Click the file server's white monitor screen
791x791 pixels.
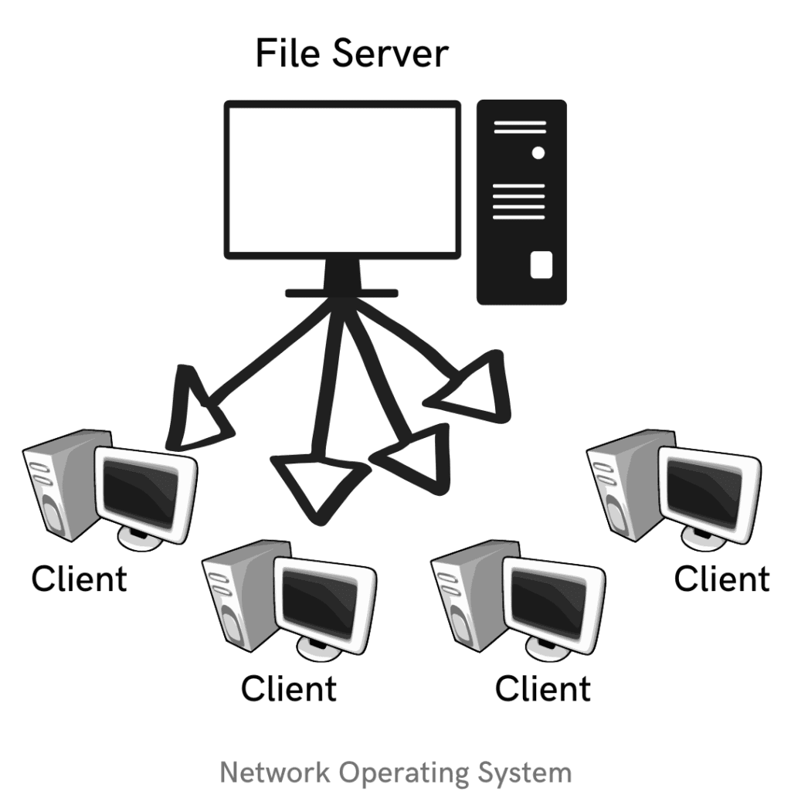pyautogui.click(x=342, y=181)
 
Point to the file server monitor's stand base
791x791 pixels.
pyautogui.click(x=341, y=292)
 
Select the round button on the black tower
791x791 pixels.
pyautogui.click(x=538, y=153)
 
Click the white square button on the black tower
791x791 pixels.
pyautogui.click(x=541, y=265)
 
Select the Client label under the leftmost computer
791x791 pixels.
pyautogui.click(x=79, y=578)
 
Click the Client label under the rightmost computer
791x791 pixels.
pyautogui.click(x=721, y=578)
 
